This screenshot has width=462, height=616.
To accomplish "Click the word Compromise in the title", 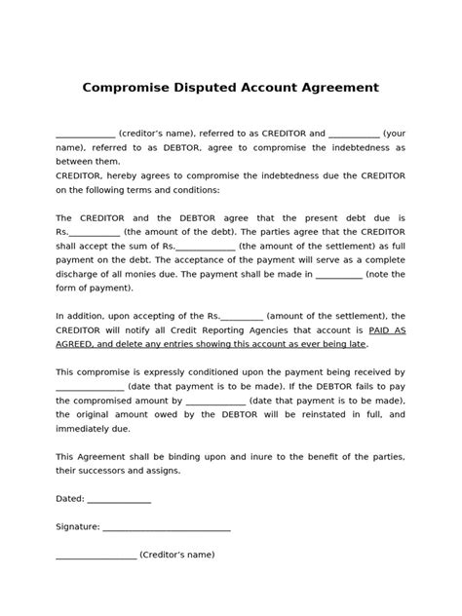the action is (128, 88).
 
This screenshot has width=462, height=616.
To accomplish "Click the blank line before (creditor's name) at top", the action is (85, 134).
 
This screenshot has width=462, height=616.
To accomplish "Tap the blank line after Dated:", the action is (119, 500).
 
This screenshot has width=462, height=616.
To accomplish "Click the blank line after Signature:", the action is (167, 527).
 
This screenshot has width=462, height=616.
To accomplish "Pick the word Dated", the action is (69, 500).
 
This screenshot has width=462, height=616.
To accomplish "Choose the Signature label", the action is (77, 527).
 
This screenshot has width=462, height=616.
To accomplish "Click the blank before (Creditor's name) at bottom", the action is (96, 555).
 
